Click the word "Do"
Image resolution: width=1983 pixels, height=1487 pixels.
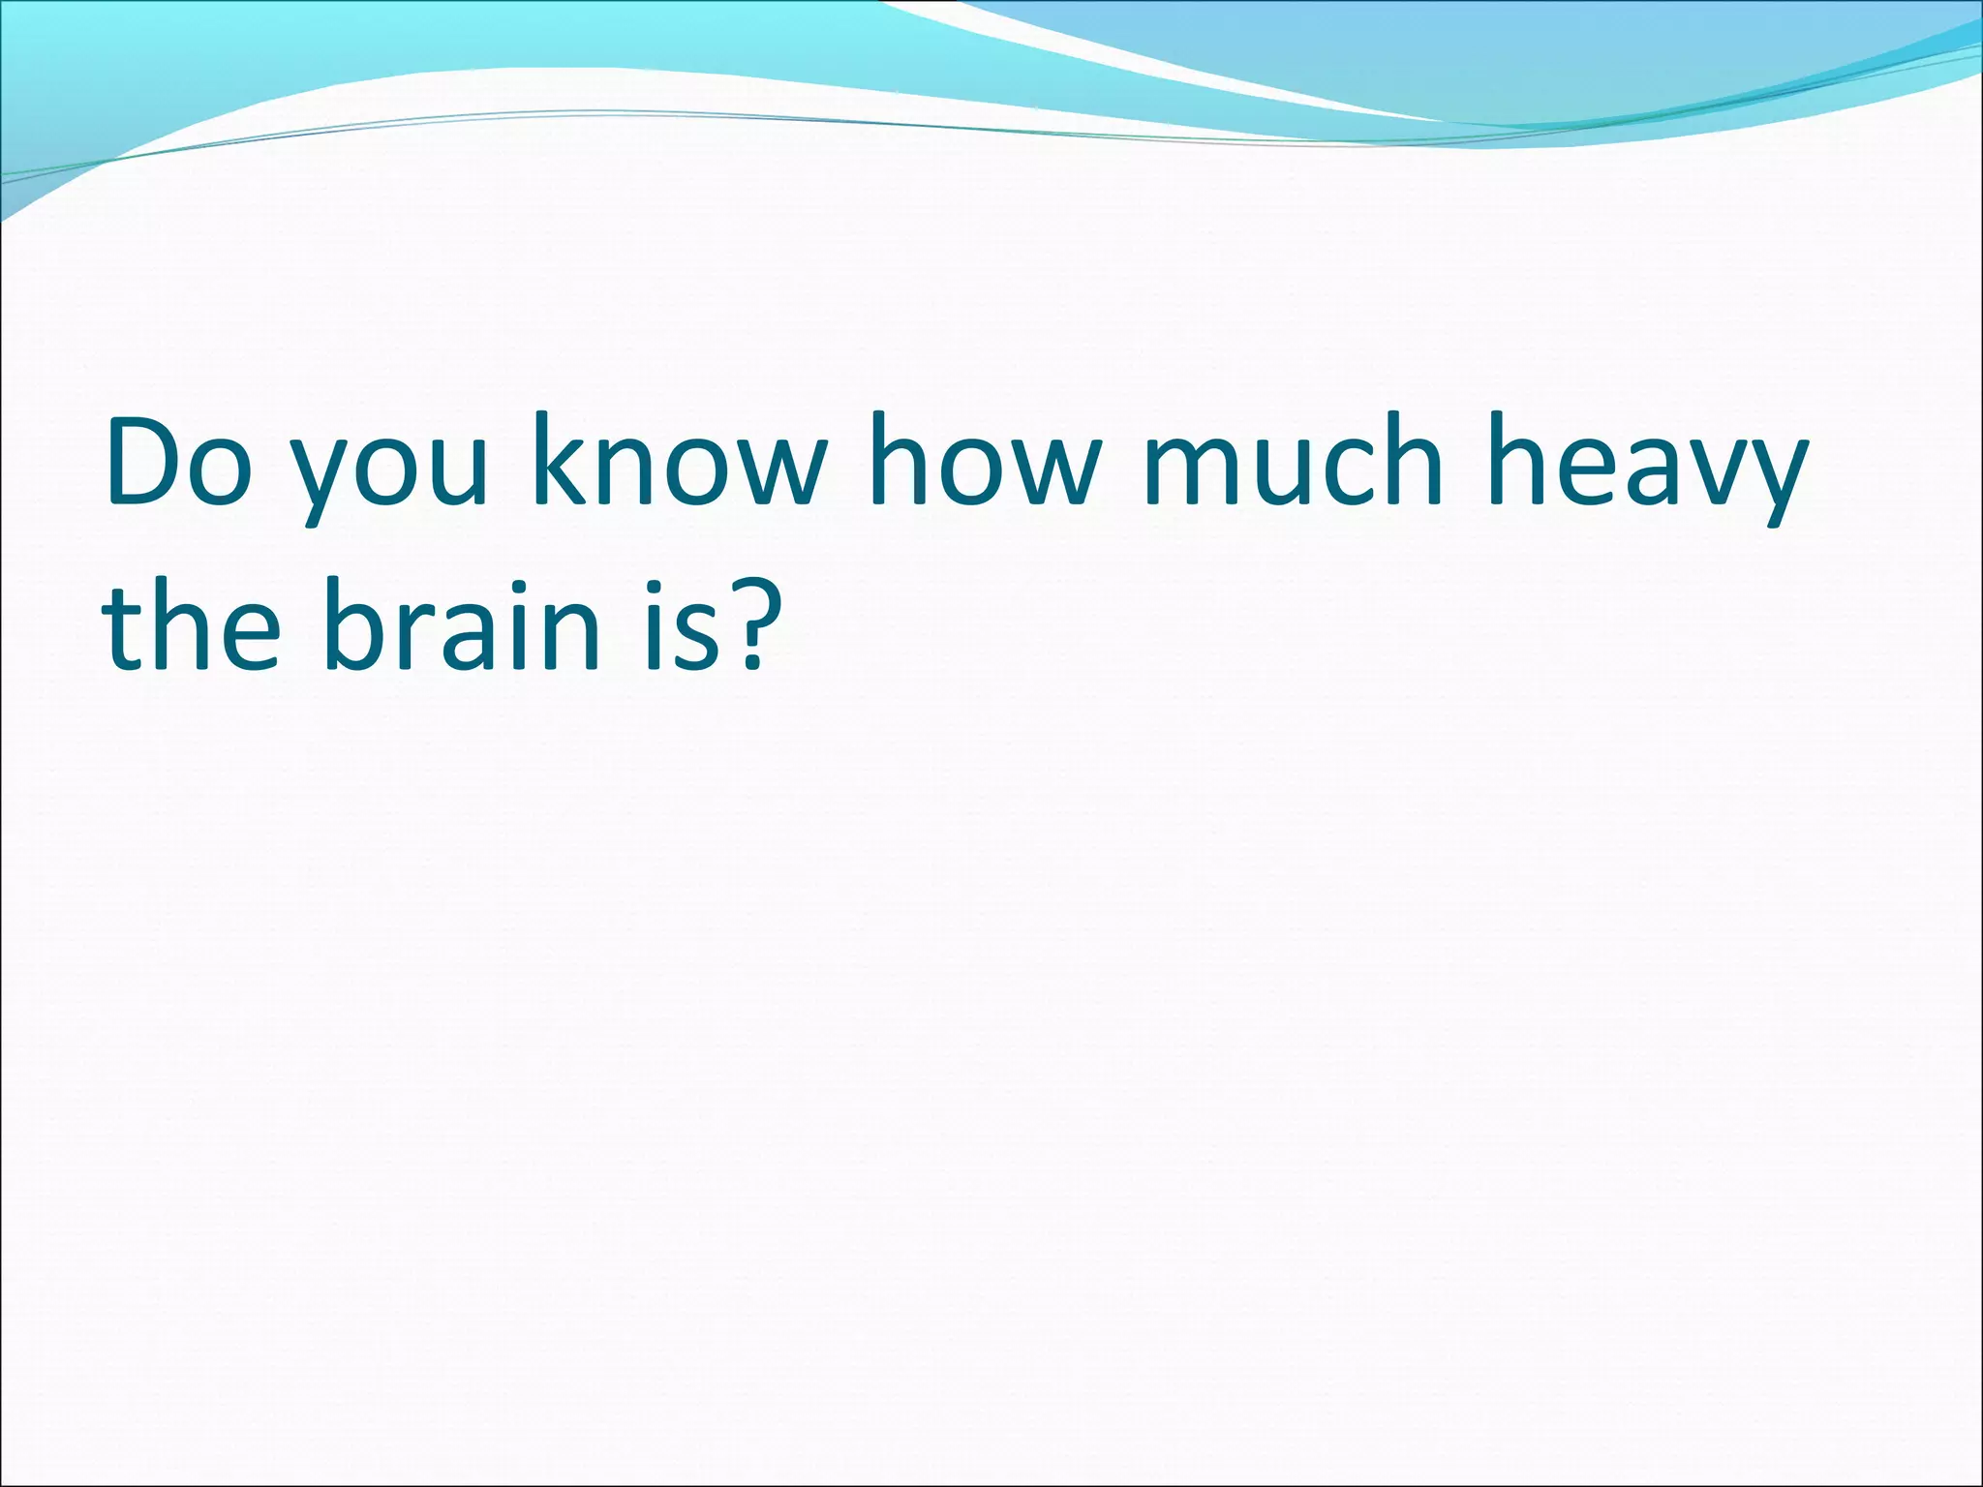(x=180, y=461)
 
